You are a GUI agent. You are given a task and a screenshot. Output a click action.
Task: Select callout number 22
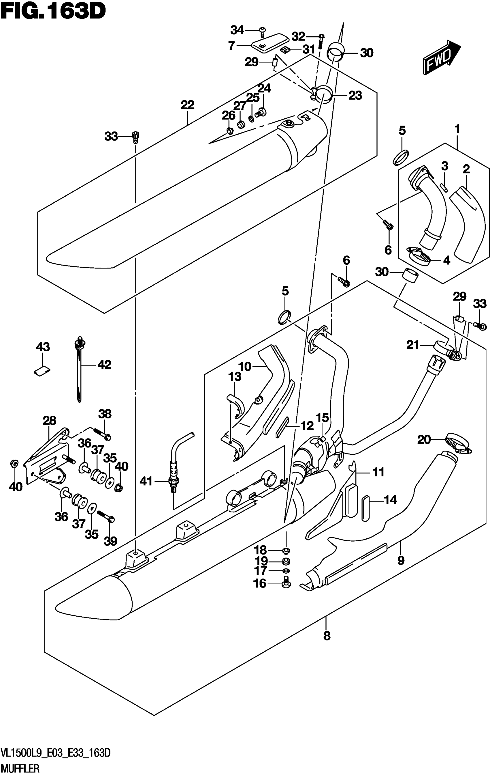point(187,105)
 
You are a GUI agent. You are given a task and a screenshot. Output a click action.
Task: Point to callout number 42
point(103,365)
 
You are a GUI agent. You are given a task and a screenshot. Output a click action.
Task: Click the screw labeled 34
point(262,30)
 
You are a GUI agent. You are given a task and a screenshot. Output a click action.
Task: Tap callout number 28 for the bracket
point(49,420)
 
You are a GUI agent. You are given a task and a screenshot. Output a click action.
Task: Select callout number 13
point(235,376)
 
